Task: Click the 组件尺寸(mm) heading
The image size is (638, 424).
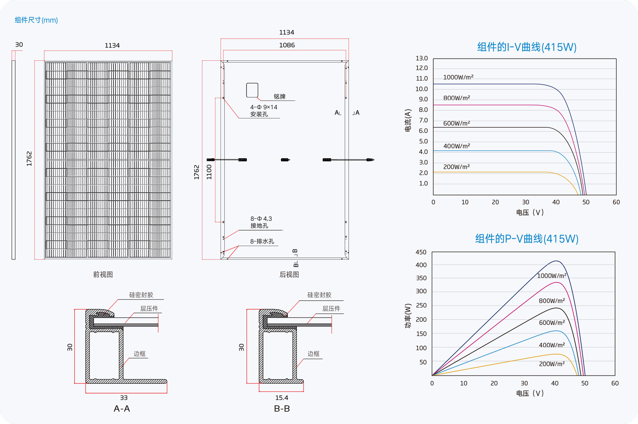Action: [36, 20]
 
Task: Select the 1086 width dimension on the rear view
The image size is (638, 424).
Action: [287, 45]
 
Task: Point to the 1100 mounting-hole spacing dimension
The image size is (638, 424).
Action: [209, 172]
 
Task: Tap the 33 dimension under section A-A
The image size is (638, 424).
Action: [124, 397]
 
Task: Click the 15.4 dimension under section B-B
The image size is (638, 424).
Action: [282, 397]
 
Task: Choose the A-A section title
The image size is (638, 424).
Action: [121, 408]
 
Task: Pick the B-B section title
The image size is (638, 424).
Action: [282, 408]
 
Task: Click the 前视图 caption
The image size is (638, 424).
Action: [103, 274]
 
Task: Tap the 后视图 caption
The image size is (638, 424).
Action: [289, 274]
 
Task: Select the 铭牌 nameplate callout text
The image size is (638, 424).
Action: [280, 96]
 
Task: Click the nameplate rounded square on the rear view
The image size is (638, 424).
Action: [252, 90]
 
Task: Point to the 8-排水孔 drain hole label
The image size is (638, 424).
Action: [262, 241]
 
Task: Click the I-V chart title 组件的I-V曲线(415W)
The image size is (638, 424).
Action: [527, 47]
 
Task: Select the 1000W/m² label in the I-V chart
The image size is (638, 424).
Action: [458, 77]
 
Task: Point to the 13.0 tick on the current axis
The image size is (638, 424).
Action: [421, 58]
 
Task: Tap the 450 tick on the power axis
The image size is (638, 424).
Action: [421, 252]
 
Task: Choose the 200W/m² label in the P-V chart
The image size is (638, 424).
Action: [552, 364]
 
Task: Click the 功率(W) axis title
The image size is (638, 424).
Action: [408, 316]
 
